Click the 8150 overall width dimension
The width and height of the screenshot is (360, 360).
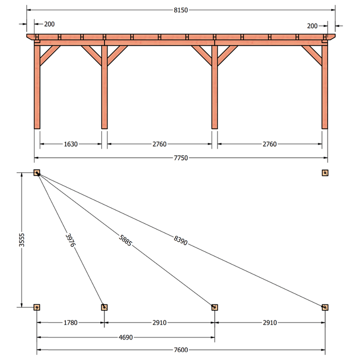click(x=181, y=10)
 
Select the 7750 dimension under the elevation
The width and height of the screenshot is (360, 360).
click(x=181, y=158)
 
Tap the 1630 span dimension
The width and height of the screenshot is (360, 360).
click(x=71, y=144)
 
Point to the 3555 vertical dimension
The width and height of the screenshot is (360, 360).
click(x=22, y=240)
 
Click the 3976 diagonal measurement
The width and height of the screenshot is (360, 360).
click(x=70, y=240)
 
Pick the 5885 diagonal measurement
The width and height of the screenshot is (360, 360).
click(x=125, y=240)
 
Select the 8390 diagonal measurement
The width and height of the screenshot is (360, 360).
click(x=181, y=240)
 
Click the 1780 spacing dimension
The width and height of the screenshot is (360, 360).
click(x=70, y=323)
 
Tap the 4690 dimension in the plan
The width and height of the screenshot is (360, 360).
click(x=125, y=337)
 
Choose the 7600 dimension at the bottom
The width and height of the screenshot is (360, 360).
click(x=181, y=350)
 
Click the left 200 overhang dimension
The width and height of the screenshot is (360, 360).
click(x=49, y=24)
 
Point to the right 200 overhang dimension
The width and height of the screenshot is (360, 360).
click(x=312, y=26)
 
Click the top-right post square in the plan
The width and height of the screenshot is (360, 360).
click(x=325, y=173)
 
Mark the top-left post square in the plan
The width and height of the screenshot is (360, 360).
click(x=37, y=173)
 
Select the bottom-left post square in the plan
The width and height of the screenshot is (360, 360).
click(x=37, y=307)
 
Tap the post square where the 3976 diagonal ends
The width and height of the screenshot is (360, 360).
click(x=104, y=307)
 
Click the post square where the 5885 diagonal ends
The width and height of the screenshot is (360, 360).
click(x=214, y=307)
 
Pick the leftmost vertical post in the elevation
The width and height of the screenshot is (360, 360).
click(x=37, y=87)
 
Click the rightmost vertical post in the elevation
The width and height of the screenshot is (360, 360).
click(x=325, y=87)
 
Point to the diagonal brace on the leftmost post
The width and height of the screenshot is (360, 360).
click(x=50, y=56)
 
